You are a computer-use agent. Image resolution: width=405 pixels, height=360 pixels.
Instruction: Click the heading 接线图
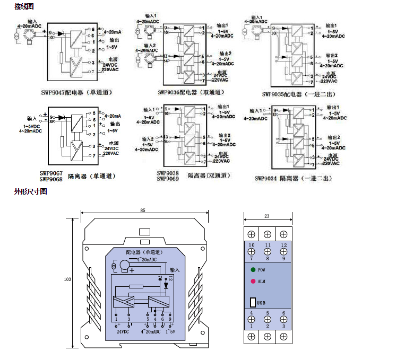(24, 6)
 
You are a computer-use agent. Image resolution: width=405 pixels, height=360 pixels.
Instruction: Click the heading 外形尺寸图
(31, 191)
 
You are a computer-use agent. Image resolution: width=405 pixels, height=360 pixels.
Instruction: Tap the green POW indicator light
(253, 270)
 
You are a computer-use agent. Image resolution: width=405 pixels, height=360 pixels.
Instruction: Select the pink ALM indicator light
(253, 282)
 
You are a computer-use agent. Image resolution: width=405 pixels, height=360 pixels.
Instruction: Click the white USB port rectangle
(252, 303)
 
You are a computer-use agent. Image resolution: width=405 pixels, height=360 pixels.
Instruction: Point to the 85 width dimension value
(143, 210)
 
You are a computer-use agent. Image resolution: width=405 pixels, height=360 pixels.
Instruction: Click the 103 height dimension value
(67, 278)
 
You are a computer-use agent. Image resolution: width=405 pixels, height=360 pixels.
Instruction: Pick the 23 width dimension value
(267, 216)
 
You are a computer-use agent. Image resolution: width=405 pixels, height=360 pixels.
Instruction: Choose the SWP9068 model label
(51, 179)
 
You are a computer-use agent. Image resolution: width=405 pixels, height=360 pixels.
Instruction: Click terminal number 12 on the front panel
(284, 244)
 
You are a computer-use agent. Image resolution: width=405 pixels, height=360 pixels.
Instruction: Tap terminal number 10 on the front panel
(251, 244)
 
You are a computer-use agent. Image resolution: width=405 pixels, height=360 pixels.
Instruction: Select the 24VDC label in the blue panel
(123, 331)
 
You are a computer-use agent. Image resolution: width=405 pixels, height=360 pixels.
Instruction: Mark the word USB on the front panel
(261, 303)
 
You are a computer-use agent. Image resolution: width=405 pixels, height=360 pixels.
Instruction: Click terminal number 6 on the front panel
(284, 313)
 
